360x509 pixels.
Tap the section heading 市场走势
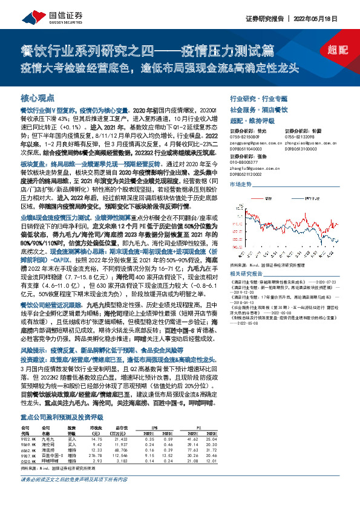[241, 183]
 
